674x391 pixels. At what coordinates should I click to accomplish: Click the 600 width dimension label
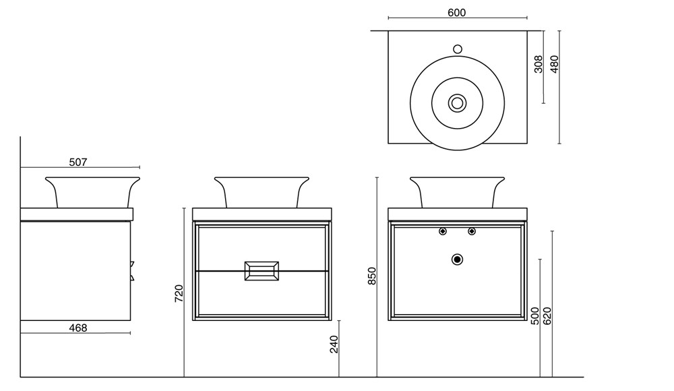(456, 13)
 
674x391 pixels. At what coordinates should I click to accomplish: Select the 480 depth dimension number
(555, 64)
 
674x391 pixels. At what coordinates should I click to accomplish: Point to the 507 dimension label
(78, 162)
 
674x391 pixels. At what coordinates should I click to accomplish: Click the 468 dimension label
(78, 328)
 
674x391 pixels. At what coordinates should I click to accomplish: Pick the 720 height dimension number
(179, 293)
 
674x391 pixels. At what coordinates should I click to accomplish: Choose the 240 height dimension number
(334, 344)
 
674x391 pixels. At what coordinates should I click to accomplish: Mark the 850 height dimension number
(371, 276)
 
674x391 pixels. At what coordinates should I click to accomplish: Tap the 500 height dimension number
(534, 315)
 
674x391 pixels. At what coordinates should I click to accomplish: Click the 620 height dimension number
(547, 315)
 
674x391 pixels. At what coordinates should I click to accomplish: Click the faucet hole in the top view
(457, 49)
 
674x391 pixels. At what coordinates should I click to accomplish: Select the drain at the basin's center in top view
(457, 102)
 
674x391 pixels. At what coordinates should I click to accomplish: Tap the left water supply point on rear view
(442, 232)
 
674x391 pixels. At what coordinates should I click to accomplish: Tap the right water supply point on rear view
(472, 232)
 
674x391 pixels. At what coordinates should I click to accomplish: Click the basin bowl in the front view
(261, 191)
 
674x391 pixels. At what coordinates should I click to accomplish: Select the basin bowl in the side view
(92, 191)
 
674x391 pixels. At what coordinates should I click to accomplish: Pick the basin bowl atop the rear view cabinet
(457, 191)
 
